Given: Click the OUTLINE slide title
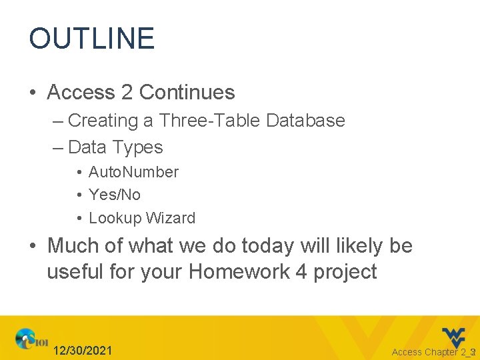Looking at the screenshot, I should point(91,39).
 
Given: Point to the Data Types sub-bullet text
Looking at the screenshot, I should point(115,147).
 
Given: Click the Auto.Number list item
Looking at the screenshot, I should point(133,172).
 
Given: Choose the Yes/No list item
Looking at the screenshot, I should point(114,195).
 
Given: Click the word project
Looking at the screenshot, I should point(346,272).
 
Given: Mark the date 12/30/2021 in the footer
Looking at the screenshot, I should point(83,351).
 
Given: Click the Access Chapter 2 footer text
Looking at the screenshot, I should point(430,352).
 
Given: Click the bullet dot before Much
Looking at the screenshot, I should point(33,247).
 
